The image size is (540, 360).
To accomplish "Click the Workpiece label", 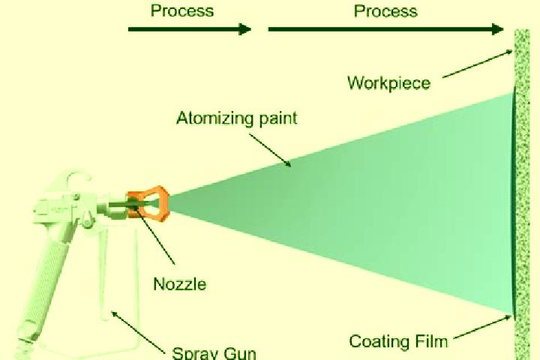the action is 388,83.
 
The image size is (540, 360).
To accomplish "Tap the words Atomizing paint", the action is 236,118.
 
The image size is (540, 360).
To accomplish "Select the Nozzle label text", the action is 180,284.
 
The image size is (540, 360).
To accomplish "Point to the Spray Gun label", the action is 214,353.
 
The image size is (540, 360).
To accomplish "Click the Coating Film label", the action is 398,341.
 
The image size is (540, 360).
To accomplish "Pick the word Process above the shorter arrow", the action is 182,10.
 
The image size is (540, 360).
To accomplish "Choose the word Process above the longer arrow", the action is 385,10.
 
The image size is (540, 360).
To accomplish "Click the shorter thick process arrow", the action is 190,29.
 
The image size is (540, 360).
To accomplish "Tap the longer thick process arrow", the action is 386,29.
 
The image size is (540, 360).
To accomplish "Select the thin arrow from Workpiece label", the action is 478,64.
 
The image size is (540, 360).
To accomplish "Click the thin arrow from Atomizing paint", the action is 270,150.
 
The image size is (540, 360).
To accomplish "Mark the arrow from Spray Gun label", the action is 138,332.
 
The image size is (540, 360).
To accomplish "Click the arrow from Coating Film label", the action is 483,327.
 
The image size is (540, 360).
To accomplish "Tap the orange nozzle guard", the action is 148,203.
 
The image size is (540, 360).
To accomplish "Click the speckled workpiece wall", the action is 522,195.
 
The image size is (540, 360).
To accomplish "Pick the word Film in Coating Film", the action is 430,341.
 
